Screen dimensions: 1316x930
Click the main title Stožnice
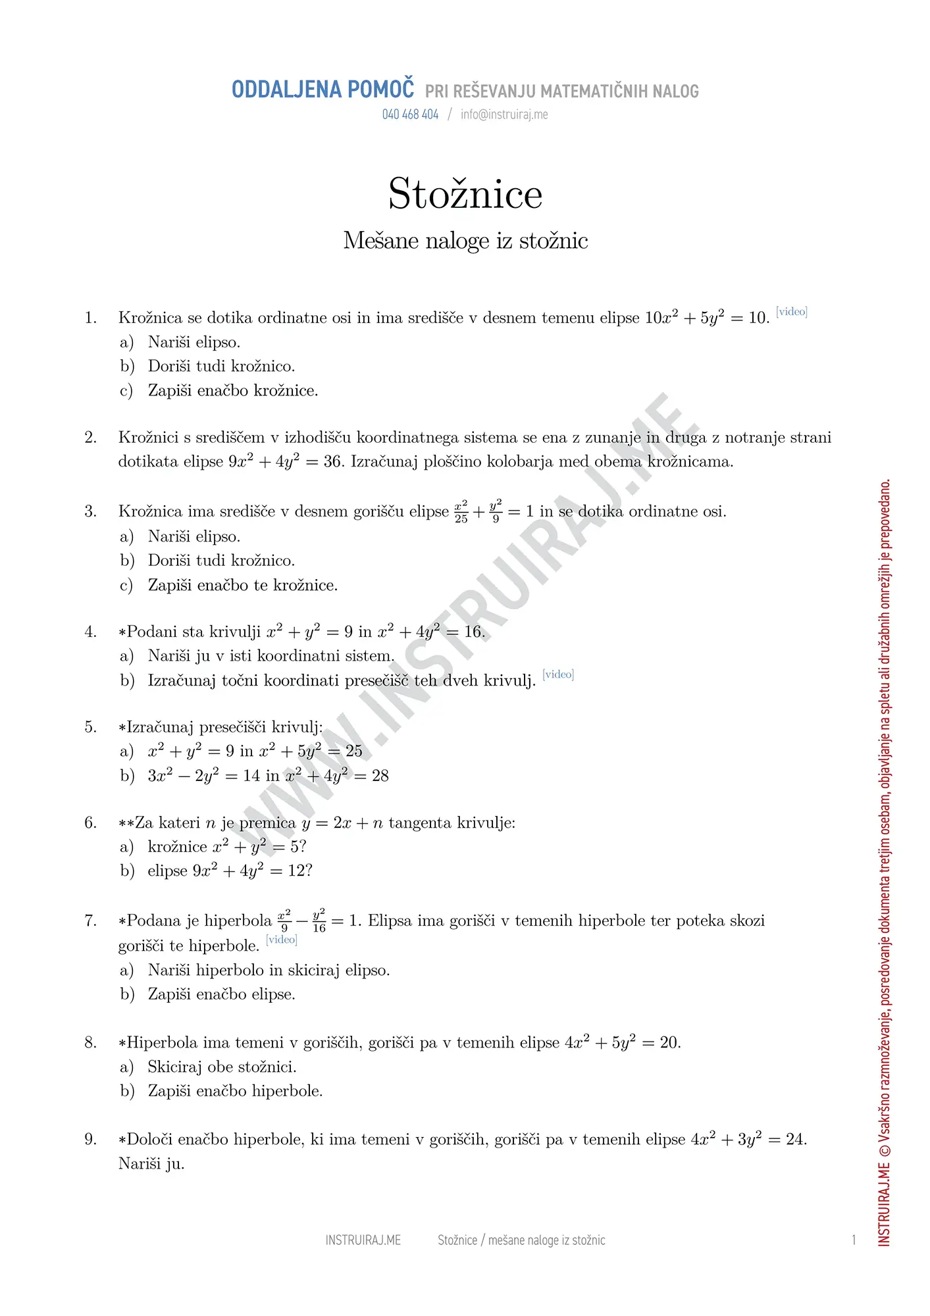click(x=465, y=194)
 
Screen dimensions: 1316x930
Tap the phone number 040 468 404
click(x=410, y=114)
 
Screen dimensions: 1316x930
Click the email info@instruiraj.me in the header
click(x=504, y=114)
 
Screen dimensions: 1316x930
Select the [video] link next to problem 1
click(x=791, y=311)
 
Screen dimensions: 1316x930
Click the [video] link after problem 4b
click(x=558, y=674)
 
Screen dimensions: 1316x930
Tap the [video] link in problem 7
click(x=282, y=939)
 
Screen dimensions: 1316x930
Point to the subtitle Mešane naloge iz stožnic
click(x=465, y=241)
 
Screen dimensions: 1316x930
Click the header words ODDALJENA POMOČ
click(x=323, y=89)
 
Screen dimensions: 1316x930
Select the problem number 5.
click(x=91, y=727)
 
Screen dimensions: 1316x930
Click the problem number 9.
click(x=91, y=1139)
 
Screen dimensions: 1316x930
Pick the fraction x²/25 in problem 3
click(x=461, y=511)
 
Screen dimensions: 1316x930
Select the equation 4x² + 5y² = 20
click(x=622, y=1042)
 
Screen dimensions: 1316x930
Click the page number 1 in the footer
click(x=854, y=1240)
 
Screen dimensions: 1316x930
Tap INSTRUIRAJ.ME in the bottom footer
click(x=363, y=1240)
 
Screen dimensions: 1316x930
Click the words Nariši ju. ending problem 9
click(x=151, y=1164)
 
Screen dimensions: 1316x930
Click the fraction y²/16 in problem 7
click(x=319, y=921)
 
